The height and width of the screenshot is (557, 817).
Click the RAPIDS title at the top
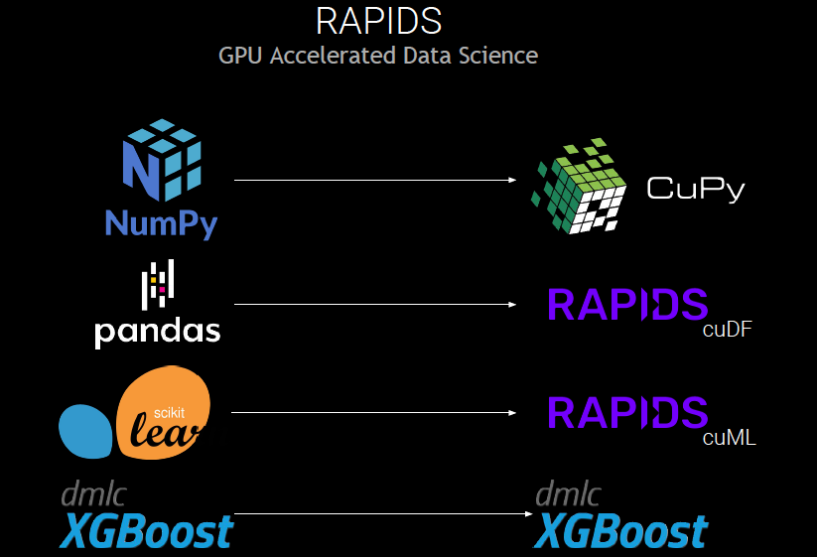pyautogui.click(x=378, y=21)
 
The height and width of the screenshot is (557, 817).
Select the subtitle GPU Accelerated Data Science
pyautogui.click(x=378, y=55)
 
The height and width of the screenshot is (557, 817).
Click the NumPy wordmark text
pyautogui.click(x=161, y=223)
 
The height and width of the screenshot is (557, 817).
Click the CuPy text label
pyautogui.click(x=695, y=189)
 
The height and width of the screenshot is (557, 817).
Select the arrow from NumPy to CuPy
pyautogui.click(x=375, y=180)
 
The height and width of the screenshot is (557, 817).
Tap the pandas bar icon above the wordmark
pyautogui.click(x=158, y=283)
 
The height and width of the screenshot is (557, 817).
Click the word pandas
pyautogui.click(x=157, y=331)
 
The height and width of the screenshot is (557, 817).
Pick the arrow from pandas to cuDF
pyautogui.click(x=375, y=305)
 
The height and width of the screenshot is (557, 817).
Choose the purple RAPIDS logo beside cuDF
pyautogui.click(x=626, y=305)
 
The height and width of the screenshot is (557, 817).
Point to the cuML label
pyautogui.click(x=730, y=437)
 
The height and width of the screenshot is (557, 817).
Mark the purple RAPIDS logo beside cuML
pyautogui.click(x=626, y=412)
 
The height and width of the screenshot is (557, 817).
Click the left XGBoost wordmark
pyautogui.click(x=147, y=532)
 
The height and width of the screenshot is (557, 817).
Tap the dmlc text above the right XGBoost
pyautogui.click(x=568, y=493)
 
